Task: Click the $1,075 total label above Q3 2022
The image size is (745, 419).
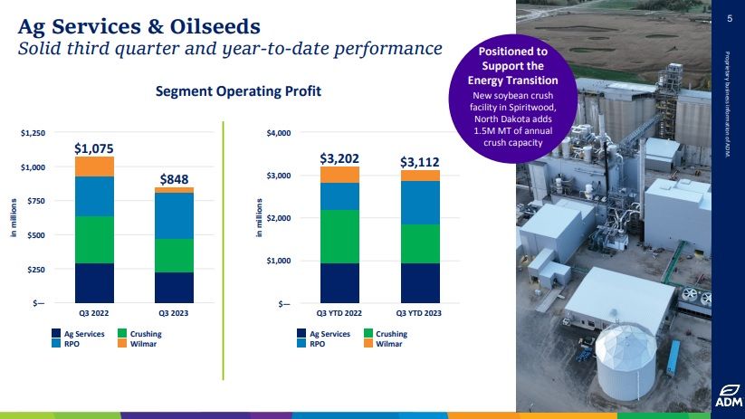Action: click(x=94, y=148)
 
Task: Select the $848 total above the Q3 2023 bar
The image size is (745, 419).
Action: click(x=174, y=179)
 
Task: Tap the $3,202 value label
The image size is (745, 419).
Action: click(x=339, y=157)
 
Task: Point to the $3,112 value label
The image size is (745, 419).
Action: click(x=420, y=161)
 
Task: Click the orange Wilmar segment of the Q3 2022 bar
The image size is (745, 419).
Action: click(x=94, y=167)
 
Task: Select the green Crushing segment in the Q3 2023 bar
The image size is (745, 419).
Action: click(x=174, y=255)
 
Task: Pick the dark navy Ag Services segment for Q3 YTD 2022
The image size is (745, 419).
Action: click(x=339, y=282)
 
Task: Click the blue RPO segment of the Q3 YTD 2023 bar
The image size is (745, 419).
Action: click(x=420, y=203)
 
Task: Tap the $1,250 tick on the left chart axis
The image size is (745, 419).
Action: click(x=33, y=133)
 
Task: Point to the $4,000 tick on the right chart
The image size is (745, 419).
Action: click(x=278, y=133)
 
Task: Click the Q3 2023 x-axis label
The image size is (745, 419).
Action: click(x=174, y=313)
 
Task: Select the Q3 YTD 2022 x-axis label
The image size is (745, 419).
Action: click(x=339, y=313)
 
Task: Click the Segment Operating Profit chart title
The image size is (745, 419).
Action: click(x=238, y=91)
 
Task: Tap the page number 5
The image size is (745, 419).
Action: click(x=729, y=18)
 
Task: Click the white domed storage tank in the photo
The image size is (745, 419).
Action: click(x=626, y=357)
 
